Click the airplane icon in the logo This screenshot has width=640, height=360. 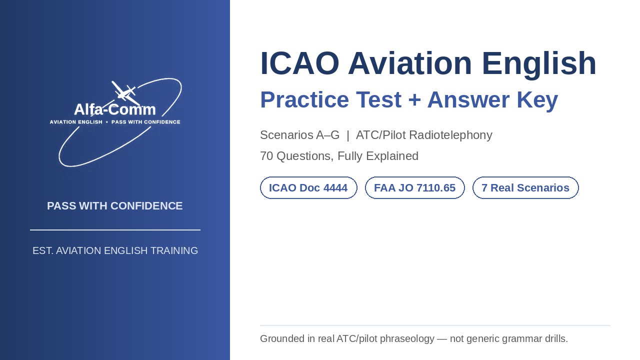(125, 93)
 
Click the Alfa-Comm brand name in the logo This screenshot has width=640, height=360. (115, 109)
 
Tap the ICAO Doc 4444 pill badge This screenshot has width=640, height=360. (308, 187)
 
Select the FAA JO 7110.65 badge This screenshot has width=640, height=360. (415, 187)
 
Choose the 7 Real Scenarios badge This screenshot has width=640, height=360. (525, 187)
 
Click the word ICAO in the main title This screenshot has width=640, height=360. (299, 63)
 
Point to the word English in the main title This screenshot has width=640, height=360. (539, 63)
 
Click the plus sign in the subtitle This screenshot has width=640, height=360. (414, 100)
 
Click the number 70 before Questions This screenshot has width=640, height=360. (266, 156)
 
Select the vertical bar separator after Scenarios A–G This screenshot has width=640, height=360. (347, 135)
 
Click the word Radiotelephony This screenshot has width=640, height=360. (450, 135)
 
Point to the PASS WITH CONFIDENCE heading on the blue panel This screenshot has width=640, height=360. (115, 205)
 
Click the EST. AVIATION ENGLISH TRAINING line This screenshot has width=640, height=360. (115, 250)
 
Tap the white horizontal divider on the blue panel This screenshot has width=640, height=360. (115, 229)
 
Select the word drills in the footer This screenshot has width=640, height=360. (556, 338)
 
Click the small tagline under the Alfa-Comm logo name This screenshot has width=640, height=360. (115, 122)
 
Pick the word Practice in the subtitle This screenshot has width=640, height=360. (304, 100)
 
